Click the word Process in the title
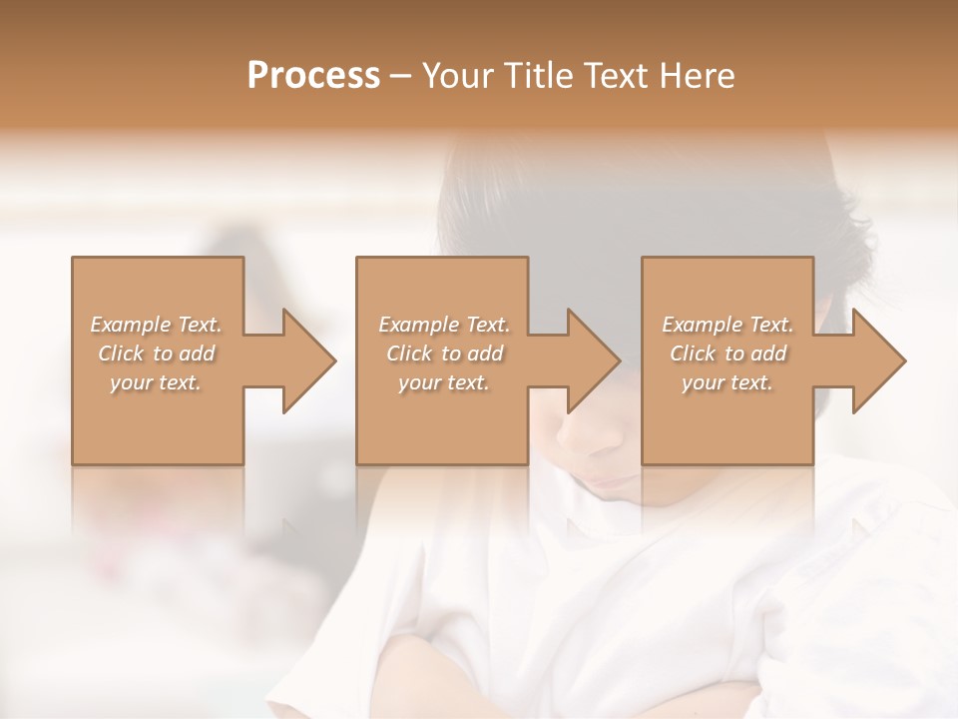coord(313,76)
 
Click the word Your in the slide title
coord(457,76)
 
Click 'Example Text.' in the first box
coord(156,325)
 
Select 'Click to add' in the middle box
coord(444,354)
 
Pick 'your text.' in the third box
coord(727,382)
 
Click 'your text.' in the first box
coord(156,382)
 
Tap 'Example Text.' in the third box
coord(727,325)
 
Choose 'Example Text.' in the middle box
coord(444,325)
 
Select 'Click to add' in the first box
coord(156,354)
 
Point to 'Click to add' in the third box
coord(727,354)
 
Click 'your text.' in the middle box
coord(444,382)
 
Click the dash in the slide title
coord(400,76)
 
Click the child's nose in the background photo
coord(579,439)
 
